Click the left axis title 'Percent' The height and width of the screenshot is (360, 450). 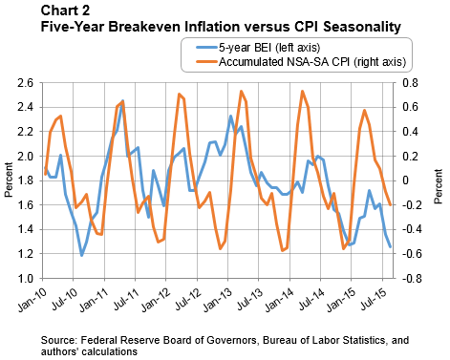[9, 181]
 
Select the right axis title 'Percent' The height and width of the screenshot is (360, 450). [439, 181]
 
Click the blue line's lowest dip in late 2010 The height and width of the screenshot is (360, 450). [82, 256]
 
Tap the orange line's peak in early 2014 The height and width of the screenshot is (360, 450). [303, 92]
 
